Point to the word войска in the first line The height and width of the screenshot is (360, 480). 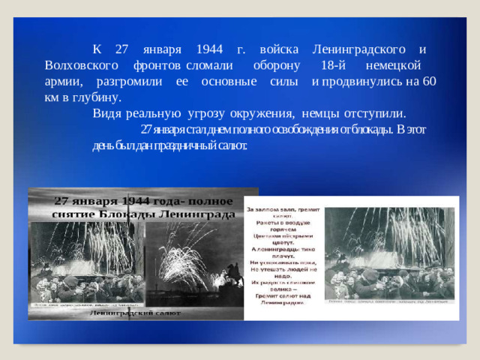(x=275, y=49)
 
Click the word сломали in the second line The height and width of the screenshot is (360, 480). (x=202, y=65)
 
